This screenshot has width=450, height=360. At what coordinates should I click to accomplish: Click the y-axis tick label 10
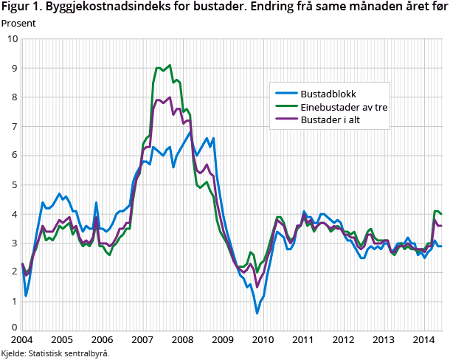point(12,38)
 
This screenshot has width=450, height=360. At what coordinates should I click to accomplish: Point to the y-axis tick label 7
point(14,126)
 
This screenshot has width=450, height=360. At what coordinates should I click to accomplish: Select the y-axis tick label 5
point(14,184)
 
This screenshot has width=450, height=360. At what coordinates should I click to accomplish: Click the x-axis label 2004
point(22,340)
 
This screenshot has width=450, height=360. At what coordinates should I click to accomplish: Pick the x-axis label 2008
point(183,340)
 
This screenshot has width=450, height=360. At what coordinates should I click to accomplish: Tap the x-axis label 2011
point(303,340)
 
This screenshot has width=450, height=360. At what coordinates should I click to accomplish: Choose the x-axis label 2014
point(423,340)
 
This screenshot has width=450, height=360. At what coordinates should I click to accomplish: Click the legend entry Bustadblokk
point(328,94)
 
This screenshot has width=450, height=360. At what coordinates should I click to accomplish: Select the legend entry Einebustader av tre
point(345,107)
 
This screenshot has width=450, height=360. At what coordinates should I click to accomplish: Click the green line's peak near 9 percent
point(170,65)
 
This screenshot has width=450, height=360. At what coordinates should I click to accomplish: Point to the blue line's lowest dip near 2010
point(257,313)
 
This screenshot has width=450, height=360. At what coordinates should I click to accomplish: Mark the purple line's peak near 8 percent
point(170,97)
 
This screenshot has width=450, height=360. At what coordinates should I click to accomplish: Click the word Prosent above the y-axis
point(19,22)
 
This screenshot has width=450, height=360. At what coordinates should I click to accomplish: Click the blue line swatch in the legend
point(285,94)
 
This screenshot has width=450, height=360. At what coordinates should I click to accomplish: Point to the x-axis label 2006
point(103,340)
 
